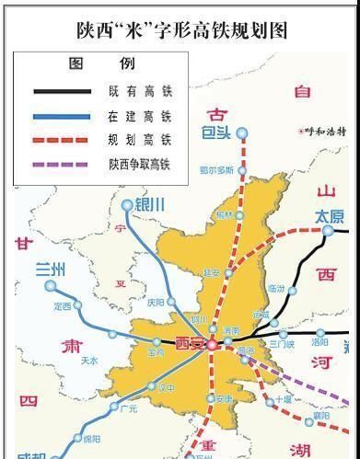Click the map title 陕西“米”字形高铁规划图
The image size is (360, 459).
pyautogui.click(x=180, y=29)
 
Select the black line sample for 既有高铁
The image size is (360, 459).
pyautogui.click(x=64, y=91)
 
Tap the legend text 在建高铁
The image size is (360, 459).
pyautogui.click(x=138, y=116)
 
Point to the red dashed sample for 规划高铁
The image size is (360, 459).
pyautogui.click(x=64, y=140)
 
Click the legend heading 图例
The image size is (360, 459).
pyautogui.click(x=101, y=65)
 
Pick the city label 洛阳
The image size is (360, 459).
pyautogui.click(x=319, y=341)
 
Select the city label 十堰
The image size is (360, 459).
pyautogui.click(x=282, y=399)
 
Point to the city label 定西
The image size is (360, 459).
pyautogui.click(x=63, y=306)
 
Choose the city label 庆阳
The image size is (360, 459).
pyautogui.click(x=155, y=302)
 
